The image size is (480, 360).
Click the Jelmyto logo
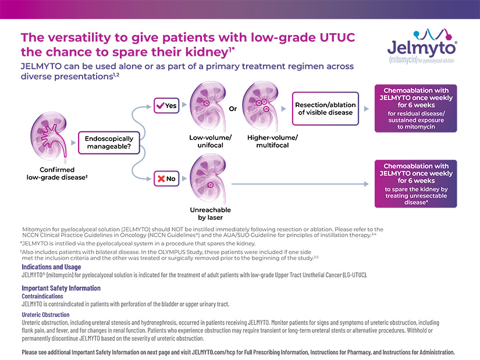422,46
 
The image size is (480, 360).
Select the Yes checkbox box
166,106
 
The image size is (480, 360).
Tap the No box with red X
166,179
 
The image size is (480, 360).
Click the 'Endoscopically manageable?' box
109,142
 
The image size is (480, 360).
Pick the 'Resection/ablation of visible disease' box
325,109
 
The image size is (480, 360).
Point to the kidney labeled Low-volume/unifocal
208,106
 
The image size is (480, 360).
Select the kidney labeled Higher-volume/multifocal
261,106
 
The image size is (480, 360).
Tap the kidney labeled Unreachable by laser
208,179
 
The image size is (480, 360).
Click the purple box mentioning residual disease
416,108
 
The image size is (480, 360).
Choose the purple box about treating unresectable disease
416,184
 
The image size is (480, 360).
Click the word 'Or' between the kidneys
233,109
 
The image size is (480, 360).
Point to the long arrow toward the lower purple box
300,184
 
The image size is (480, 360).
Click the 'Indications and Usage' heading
51,267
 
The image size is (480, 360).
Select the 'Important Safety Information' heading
61,288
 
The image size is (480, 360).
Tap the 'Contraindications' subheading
42,297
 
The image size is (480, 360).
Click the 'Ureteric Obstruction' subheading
45,315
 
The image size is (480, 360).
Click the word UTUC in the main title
337,37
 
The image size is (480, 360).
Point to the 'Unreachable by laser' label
210,213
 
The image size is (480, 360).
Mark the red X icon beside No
161,179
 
